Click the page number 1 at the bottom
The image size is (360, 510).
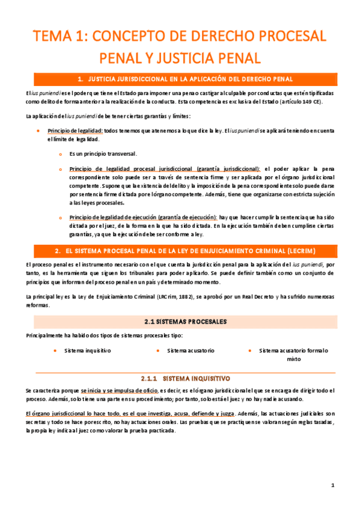click(332, 485)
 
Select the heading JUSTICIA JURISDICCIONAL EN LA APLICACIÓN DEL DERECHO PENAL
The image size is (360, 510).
click(190, 79)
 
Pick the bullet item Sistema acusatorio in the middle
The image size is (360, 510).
click(191, 350)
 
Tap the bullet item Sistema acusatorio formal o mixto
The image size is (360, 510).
click(293, 354)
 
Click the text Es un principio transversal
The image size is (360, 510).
click(103, 153)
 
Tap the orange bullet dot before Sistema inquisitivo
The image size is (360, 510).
click(55, 350)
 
